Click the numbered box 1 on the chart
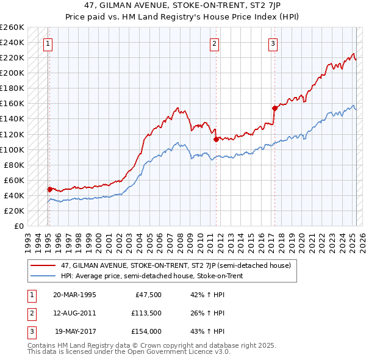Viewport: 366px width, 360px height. click(x=48, y=43)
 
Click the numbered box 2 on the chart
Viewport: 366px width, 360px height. click(x=215, y=43)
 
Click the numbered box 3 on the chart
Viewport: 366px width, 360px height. click(x=273, y=43)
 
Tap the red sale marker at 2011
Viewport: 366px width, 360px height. click(x=216, y=139)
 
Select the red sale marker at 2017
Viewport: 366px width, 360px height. click(x=274, y=108)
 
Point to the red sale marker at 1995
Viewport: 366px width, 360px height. click(x=49, y=189)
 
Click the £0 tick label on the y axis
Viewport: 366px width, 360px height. click(x=18, y=226)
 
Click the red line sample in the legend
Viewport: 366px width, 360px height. click(x=43, y=265)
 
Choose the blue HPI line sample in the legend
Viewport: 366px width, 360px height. click(x=43, y=276)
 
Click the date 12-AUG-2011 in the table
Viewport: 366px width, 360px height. click(x=75, y=313)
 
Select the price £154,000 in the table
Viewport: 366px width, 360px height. click(x=146, y=332)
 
